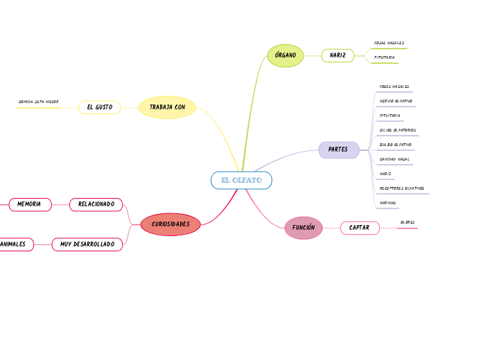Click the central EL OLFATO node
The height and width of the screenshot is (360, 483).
[x=241, y=181]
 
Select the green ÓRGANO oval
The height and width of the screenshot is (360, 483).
[x=285, y=55]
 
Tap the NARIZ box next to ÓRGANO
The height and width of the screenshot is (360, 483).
[x=337, y=55]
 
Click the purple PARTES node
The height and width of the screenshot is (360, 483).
[x=338, y=150]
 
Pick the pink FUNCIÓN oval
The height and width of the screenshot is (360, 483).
[x=304, y=228]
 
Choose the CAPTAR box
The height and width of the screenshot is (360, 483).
[x=359, y=228]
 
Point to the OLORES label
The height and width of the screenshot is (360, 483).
[x=407, y=223]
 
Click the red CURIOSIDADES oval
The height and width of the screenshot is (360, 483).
[x=170, y=224]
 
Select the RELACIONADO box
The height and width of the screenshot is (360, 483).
[x=96, y=204]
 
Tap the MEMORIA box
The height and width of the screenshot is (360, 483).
[x=29, y=204]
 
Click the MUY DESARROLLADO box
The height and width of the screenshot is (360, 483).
[x=87, y=244]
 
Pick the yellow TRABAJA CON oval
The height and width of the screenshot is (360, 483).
[x=167, y=107]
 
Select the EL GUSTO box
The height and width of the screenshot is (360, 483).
[x=99, y=107]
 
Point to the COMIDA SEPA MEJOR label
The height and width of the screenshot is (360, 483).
[x=39, y=102]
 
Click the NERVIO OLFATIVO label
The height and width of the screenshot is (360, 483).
[x=396, y=101]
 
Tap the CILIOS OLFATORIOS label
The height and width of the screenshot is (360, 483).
[x=397, y=130]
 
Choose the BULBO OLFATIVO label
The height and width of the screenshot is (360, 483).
[x=395, y=145]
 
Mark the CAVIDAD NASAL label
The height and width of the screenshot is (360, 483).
[x=394, y=159]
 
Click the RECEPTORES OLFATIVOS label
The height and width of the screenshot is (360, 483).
[x=402, y=188]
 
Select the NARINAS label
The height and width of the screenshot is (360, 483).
[x=388, y=203]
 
